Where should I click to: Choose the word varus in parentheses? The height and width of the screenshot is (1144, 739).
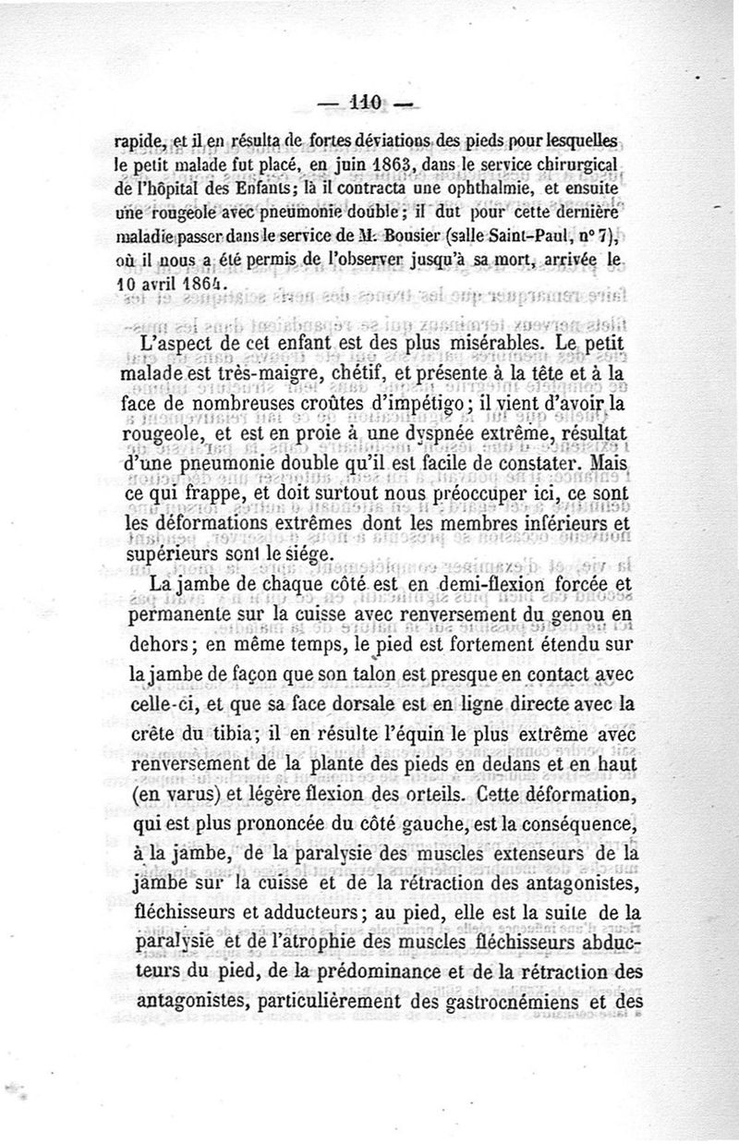click(x=166, y=793)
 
